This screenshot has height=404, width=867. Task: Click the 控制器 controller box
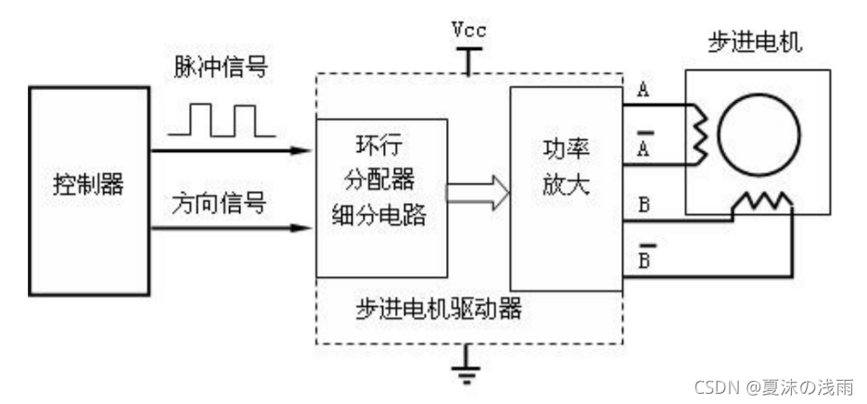tap(89, 191)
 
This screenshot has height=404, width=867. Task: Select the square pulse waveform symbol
tap(220, 120)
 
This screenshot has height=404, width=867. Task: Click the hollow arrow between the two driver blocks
tap(478, 193)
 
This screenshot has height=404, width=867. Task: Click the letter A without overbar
tap(642, 90)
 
